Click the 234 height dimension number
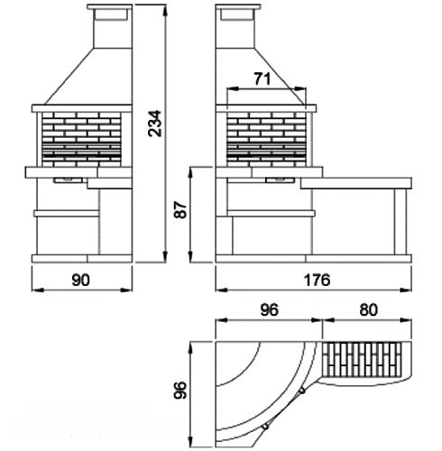(155, 124)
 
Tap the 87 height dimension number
(180, 209)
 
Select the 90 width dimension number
(80, 280)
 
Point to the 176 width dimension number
(317, 280)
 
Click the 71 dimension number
(262, 79)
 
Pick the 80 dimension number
(368, 309)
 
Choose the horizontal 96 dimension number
(270, 309)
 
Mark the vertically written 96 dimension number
(180, 390)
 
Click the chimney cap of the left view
(109, 6)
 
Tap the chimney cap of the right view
(238, 6)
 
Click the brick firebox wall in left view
(81, 140)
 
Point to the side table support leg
(401, 222)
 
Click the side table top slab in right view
(356, 183)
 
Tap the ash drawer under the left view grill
(69, 180)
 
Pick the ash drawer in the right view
(280, 180)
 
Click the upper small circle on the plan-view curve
(302, 391)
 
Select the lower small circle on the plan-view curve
(265, 427)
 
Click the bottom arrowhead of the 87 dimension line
(190, 257)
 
